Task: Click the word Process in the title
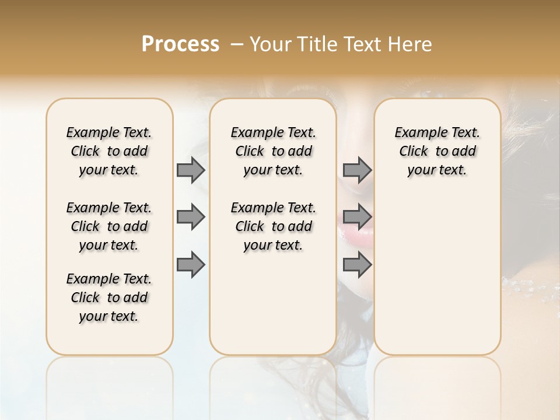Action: [180, 44]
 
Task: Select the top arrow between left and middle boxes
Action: [191, 170]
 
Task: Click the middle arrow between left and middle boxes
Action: [191, 217]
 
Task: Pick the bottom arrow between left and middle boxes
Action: [191, 265]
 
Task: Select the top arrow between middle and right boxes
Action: [357, 170]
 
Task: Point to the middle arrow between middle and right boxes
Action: [357, 217]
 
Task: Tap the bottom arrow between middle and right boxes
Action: [357, 265]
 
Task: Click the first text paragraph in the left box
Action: [109, 151]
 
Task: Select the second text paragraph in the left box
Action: [109, 226]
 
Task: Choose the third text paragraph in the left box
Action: [109, 297]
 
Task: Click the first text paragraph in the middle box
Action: [273, 151]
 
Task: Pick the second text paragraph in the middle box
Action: [273, 226]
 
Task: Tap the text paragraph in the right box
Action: [437, 151]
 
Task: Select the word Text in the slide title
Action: [360, 44]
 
